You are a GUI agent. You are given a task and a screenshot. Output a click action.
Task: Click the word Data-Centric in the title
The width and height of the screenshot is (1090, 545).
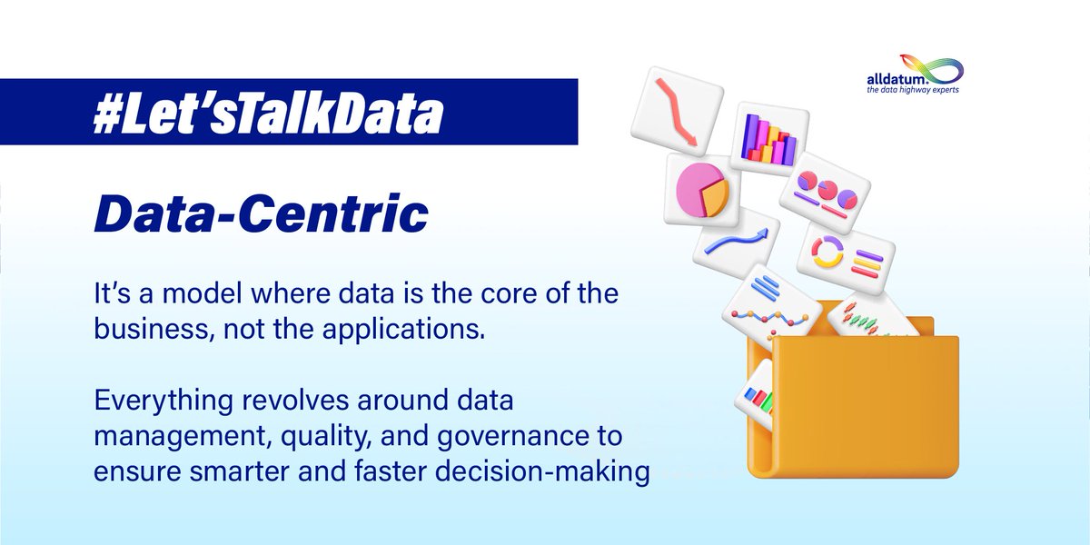click(x=261, y=214)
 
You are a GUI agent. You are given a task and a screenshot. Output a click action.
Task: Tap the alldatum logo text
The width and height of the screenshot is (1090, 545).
click(x=896, y=79)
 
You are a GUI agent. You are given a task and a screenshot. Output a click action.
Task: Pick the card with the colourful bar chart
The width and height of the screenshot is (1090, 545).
click(x=768, y=138)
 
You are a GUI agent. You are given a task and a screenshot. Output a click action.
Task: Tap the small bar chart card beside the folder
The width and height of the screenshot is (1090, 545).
click(x=753, y=394)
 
